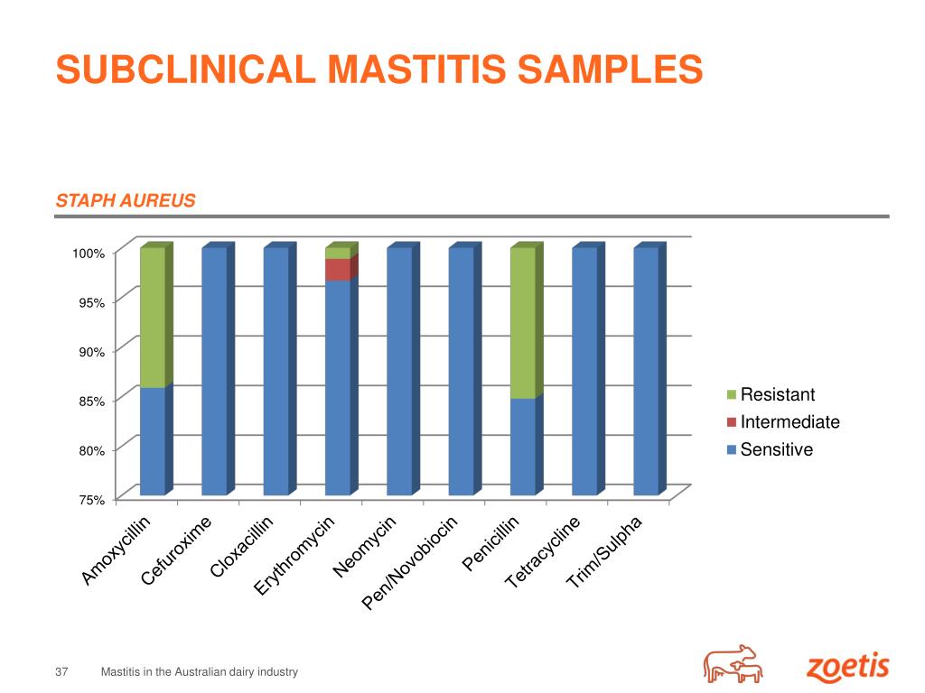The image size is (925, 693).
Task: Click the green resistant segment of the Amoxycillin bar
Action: (x=153, y=318)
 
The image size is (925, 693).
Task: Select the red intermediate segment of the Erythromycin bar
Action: (x=337, y=270)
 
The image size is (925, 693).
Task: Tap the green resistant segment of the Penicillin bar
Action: (x=523, y=323)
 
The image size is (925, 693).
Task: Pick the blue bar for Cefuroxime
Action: (x=214, y=371)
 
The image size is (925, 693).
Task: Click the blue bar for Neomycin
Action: (x=399, y=371)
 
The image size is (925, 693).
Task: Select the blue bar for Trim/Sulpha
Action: (x=646, y=371)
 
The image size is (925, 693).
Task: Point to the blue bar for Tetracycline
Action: (x=584, y=371)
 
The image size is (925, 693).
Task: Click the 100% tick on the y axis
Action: (x=89, y=254)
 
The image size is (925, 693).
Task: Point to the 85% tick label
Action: (x=89, y=401)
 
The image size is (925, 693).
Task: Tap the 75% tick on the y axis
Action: (x=89, y=499)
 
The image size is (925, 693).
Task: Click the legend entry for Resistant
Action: (x=777, y=394)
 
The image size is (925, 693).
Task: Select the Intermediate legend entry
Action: (x=789, y=422)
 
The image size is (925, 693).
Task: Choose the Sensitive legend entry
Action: (x=776, y=449)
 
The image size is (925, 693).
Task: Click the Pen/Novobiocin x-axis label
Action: (x=412, y=563)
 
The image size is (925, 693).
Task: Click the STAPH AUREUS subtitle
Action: (x=126, y=200)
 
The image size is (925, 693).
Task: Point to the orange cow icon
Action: (x=733, y=664)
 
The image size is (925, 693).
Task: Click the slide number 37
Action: (x=62, y=672)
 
